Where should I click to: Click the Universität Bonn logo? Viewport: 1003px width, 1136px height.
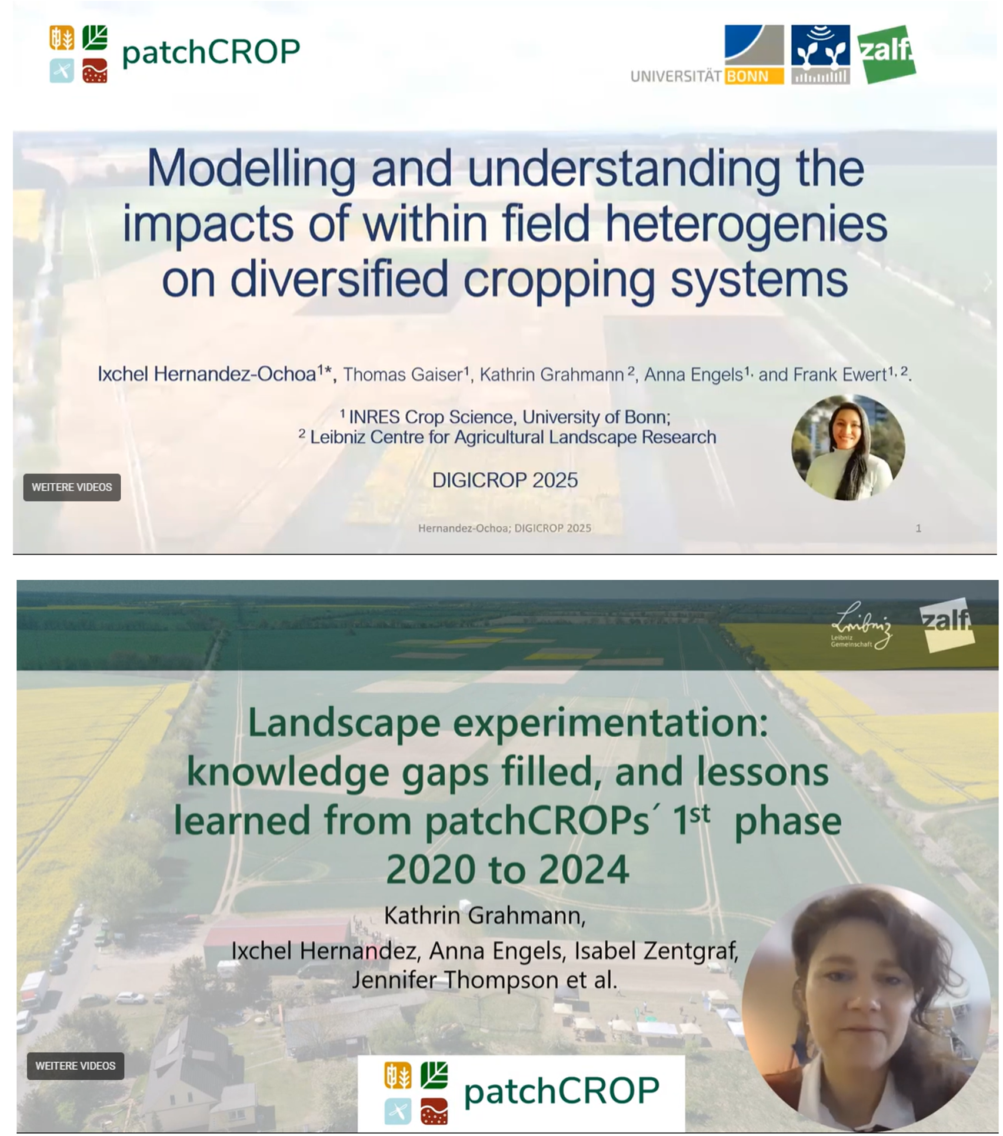[707, 55]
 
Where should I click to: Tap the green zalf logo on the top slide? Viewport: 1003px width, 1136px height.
[886, 54]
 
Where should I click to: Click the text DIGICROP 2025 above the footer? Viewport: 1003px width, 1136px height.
[505, 480]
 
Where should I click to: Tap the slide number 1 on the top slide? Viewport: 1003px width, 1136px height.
[918, 528]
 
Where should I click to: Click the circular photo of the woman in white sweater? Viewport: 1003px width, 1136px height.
[848, 448]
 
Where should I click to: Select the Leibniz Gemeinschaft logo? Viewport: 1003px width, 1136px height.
[860, 626]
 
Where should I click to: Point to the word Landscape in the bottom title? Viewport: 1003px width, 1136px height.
[344, 723]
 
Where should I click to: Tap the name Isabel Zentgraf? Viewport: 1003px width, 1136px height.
[656, 950]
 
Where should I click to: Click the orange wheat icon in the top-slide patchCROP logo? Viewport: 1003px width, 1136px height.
[62, 38]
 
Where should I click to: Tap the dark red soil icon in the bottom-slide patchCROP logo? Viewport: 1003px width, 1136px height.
[434, 1112]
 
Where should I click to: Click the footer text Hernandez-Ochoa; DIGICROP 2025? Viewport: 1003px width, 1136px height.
[505, 528]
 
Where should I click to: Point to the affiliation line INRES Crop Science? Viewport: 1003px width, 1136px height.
[505, 417]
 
